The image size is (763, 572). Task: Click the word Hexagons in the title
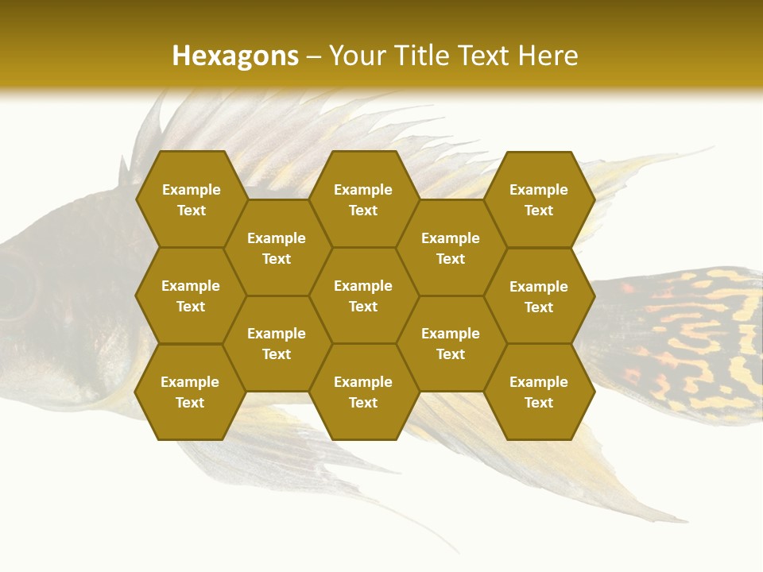pos(235,56)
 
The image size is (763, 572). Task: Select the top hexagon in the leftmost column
pos(191,199)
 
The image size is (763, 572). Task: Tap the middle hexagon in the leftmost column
pos(191,296)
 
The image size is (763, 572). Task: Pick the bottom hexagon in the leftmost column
pos(190,392)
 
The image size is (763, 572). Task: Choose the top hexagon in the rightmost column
pos(539,199)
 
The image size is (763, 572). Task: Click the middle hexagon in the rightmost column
pos(539,296)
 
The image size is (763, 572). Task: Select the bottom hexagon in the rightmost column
pos(539,392)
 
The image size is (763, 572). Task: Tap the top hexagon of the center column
pos(363,199)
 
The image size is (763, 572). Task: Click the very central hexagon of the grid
pos(363,296)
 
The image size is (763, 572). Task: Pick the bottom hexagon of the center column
pos(363,392)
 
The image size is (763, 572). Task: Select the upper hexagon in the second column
pos(277,248)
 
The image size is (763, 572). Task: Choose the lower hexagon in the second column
pos(277,343)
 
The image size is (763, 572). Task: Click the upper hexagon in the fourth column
pos(451,248)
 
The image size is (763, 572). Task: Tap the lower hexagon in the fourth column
pos(451,343)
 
